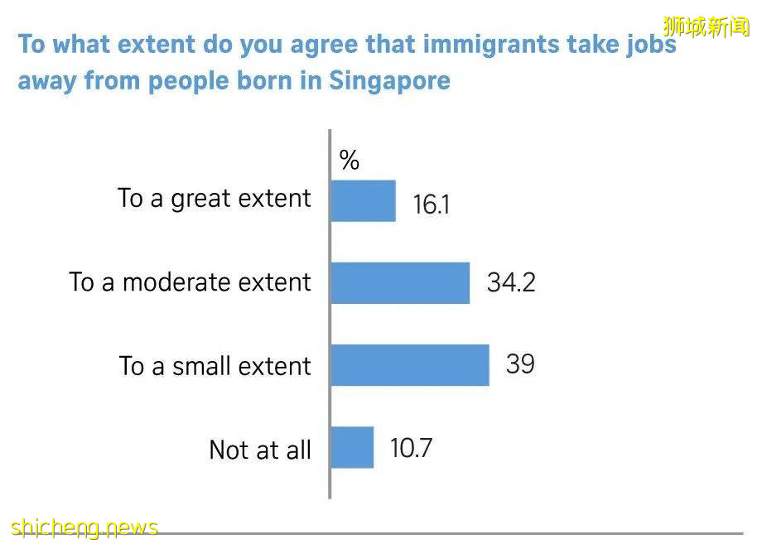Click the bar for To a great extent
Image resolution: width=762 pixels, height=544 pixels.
tap(363, 201)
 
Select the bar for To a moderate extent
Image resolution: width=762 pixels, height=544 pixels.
tap(400, 283)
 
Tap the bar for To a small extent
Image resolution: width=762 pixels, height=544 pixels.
tap(410, 365)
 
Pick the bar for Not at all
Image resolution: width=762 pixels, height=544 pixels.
tap(352, 448)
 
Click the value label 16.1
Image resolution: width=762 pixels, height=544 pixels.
tap(431, 205)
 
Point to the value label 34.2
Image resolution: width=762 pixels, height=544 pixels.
tap(511, 283)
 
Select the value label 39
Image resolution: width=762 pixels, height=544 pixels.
tap(520, 364)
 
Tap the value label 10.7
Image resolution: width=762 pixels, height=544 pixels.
tap(412, 448)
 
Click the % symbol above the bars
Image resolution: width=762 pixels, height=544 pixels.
tap(350, 161)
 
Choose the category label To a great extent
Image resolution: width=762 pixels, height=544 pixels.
tap(215, 199)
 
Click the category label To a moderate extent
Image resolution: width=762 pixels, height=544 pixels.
tap(190, 282)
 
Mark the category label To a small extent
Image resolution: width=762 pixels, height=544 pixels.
tap(215, 366)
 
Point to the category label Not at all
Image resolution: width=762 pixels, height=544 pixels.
tap(260, 450)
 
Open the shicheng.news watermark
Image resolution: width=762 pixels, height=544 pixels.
tap(84, 527)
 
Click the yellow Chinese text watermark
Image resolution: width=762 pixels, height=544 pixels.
tap(706, 26)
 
